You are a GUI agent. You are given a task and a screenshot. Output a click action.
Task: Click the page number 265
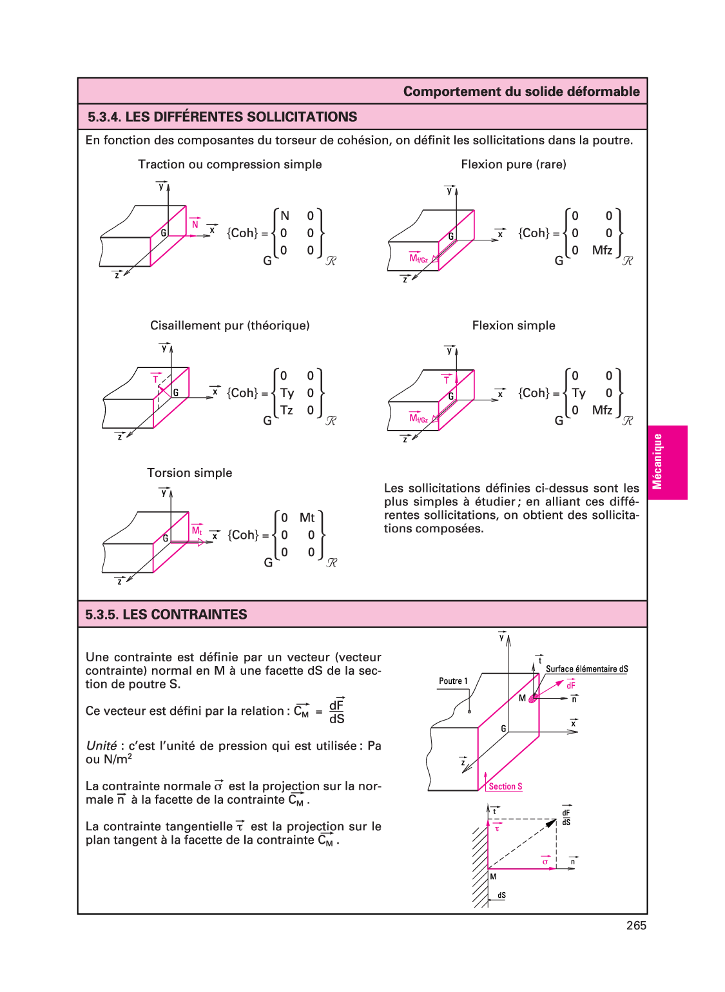click(x=635, y=925)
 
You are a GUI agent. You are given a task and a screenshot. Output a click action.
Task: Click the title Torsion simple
click(x=189, y=472)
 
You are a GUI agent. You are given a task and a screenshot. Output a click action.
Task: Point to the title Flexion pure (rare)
click(x=513, y=164)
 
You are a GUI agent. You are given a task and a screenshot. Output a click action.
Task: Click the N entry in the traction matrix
click(x=285, y=216)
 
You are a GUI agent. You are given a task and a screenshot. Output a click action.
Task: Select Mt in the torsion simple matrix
click(x=307, y=518)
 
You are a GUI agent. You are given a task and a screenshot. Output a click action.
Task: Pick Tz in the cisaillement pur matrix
click(x=286, y=411)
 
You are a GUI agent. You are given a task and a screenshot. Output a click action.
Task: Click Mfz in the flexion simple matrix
click(x=602, y=411)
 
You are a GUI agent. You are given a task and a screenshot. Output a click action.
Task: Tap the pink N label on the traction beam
click(x=195, y=224)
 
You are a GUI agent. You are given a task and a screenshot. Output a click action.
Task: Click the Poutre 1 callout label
click(x=453, y=681)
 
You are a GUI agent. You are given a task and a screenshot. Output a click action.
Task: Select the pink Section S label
click(x=505, y=786)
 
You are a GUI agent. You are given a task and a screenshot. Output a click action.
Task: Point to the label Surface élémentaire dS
click(x=586, y=669)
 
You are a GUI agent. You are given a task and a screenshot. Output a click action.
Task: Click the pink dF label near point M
click(x=570, y=685)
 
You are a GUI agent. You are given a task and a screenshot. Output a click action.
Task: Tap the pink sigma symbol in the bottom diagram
click(x=545, y=862)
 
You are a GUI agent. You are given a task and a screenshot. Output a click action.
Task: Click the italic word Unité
click(x=102, y=746)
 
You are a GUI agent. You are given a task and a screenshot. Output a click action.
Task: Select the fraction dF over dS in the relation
click(x=336, y=712)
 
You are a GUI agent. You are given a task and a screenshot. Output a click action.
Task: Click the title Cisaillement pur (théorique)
click(x=229, y=326)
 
